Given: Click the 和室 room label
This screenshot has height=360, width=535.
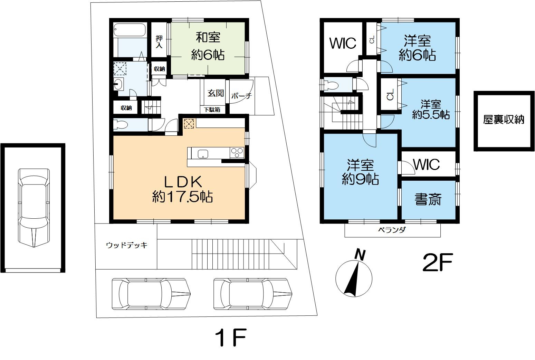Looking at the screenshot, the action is tap(208, 38).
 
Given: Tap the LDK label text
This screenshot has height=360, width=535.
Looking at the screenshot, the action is tap(183, 182).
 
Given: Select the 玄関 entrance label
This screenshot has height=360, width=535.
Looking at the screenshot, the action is tap(216, 93).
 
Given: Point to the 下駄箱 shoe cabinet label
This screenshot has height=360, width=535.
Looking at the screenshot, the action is tap(212, 110).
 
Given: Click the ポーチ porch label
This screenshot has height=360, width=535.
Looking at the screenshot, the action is tap(241, 96).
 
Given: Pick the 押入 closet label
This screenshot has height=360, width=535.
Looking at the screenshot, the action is tap(159, 41).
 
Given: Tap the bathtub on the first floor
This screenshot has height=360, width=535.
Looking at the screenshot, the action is tap(130, 30).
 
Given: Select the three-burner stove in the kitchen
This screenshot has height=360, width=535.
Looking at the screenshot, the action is tap(237, 153).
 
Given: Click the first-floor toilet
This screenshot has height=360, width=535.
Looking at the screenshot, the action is tap(121, 125).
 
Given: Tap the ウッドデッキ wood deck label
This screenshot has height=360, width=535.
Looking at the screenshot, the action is tap(127, 245).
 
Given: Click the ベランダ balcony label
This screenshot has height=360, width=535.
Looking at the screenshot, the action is tap(392, 230).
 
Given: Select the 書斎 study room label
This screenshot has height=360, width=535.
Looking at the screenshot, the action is tap(428, 199).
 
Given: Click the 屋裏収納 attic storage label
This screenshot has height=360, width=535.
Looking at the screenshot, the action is tap(504, 120).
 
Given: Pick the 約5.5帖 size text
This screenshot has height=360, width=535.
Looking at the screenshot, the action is tap(431, 115).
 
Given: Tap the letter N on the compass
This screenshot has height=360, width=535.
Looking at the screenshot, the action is tap(360, 255).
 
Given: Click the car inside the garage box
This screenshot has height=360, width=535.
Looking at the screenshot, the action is tap(34, 208).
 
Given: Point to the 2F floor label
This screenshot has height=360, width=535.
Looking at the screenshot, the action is tap(438, 263).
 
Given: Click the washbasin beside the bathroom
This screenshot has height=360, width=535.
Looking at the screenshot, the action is tap(118, 84).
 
